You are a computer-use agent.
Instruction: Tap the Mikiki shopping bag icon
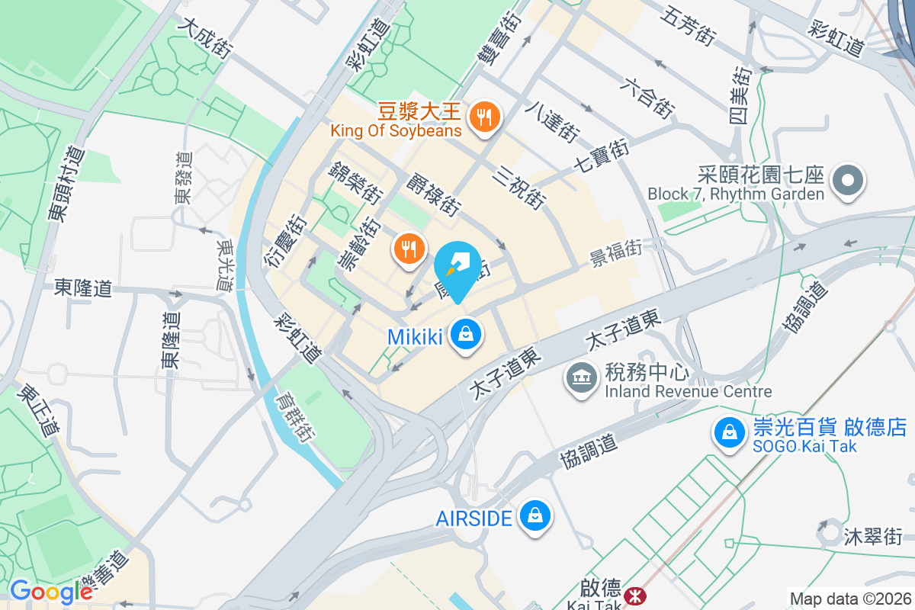(x=464, y=335)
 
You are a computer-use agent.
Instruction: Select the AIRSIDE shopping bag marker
(x=535, y=517)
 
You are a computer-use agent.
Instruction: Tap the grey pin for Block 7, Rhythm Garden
(x=847, y=181)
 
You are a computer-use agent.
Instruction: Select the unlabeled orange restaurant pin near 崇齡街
(x=409, y=249)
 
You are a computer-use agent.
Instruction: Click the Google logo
(x=50, y=591)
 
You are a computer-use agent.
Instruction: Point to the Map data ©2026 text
(x=850, y=599)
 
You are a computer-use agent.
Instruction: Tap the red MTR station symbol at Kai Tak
(x=632, y=595)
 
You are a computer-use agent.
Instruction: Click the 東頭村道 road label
(x=67, y=184)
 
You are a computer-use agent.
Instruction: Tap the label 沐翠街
(x=873, y=536)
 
